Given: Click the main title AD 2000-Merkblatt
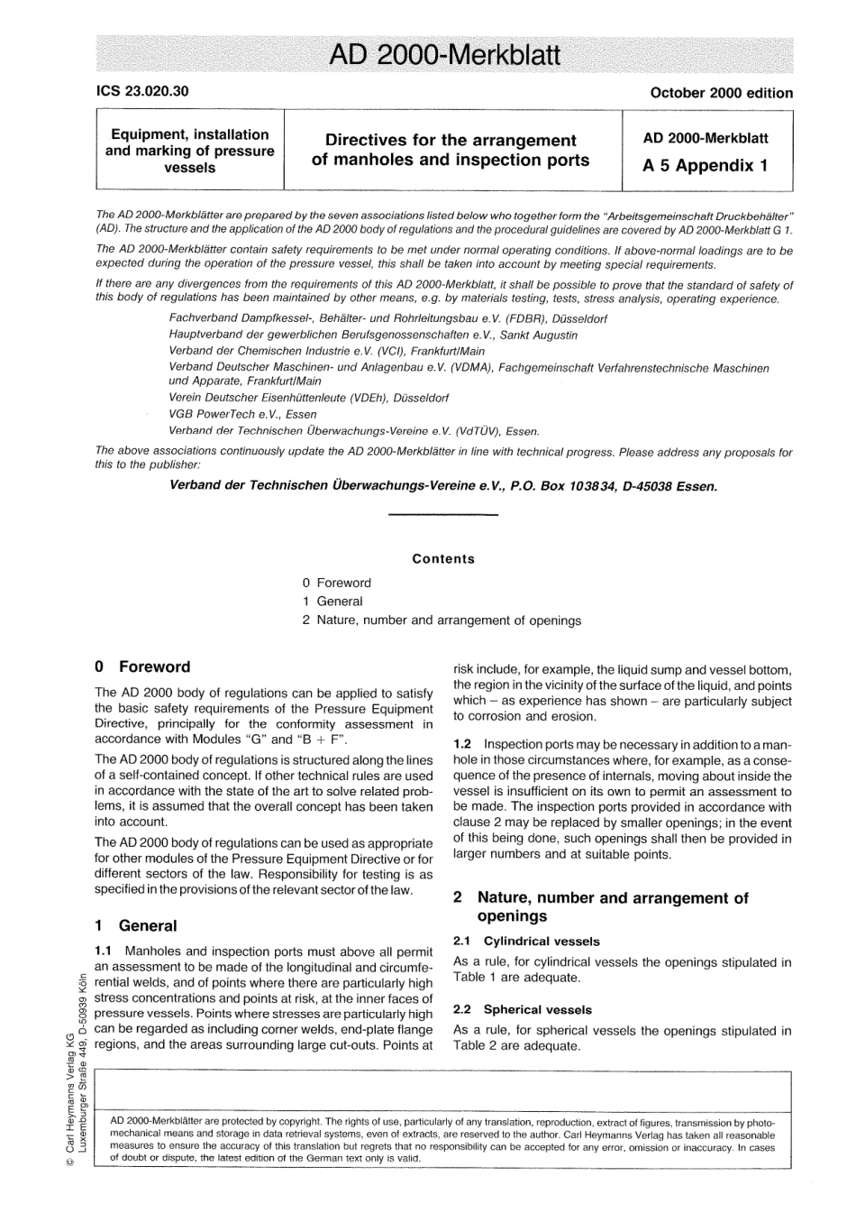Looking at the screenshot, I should coord(444,56).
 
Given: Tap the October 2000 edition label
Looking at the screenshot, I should coord(721,92).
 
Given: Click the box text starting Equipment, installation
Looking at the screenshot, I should coord(189,151).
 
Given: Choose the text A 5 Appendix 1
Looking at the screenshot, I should coord(706,166).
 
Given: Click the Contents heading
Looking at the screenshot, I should coord(443,559).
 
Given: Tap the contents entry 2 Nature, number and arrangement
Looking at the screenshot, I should coord(442,620).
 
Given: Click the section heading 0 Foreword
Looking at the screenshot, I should coord(142,667).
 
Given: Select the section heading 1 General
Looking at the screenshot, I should coord(136,926).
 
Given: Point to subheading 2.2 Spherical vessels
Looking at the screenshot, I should coord(523,1010).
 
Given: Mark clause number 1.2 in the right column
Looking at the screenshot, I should coord(463,744).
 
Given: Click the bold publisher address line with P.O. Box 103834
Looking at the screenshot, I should coord(443,486).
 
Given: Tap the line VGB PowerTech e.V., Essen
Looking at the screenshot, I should coord(242,414).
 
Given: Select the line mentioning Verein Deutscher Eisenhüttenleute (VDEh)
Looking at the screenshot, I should coord(308,398).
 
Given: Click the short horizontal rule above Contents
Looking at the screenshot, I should coord(442,515).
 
